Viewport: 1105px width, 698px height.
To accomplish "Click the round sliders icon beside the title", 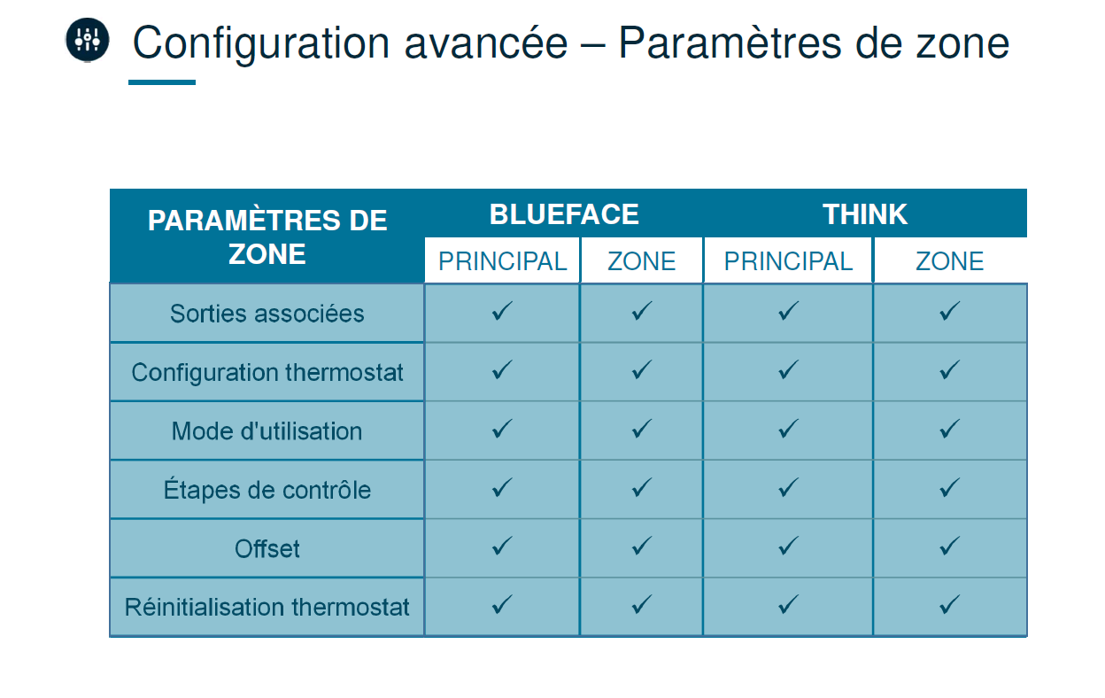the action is coord(88,40).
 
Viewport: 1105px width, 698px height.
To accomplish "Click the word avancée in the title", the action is coord(486,43).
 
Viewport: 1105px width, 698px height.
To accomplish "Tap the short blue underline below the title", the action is coord(162,82).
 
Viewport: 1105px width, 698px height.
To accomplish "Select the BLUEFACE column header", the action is coord(564,214).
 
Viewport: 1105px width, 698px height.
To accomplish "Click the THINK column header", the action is coord(865,214).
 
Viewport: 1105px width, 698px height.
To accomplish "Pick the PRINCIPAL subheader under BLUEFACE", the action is coord(502,261).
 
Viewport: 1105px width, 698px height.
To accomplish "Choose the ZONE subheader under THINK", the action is coord(949,261).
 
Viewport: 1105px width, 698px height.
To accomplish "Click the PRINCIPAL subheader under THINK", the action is coord(788,261).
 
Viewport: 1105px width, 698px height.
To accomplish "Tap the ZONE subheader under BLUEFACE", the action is coord(641,261).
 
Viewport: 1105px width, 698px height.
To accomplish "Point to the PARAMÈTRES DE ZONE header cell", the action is coord(267,237).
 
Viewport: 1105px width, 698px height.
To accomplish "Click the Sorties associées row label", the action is coord(267,314).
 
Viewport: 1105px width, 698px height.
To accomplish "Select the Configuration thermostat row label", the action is coord(267,372).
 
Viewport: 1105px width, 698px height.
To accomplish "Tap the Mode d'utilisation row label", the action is coord(267,431).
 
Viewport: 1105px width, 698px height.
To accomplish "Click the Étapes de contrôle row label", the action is coord(267,490).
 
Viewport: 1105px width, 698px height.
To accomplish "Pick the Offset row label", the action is coord(267,548).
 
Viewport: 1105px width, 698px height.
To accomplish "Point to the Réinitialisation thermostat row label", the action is coord(267,607).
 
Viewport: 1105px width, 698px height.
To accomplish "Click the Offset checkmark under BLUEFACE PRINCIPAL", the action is coord(502,547).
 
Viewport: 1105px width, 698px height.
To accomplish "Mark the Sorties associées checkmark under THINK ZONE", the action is coord(949,311).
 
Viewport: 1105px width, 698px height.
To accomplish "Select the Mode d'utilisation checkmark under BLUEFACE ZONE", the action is coord(641,429).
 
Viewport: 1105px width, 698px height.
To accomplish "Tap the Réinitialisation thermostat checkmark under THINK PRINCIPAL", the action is coord(788,605).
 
